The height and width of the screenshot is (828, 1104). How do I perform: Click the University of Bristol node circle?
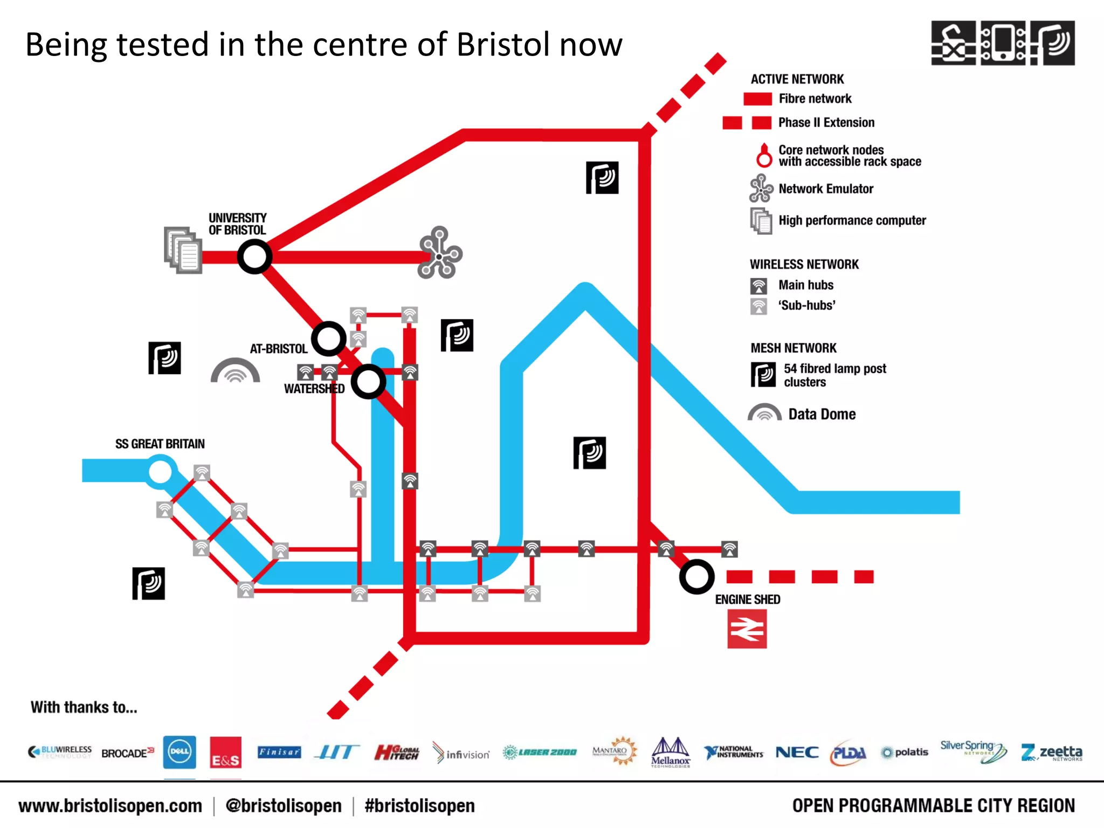254,257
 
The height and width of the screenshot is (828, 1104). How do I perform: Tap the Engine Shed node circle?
696,576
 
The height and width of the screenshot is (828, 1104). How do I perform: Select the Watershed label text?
314,389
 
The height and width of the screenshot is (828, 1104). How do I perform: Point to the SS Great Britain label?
160,444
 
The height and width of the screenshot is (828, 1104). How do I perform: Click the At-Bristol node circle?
329,339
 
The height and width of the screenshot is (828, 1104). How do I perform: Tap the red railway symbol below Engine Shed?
747,629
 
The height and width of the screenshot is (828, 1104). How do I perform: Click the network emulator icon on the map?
440,253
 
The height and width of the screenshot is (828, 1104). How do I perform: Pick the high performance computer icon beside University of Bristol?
183,250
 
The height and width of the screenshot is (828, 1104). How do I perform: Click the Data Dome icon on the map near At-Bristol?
235,371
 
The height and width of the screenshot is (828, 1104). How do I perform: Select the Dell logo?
180,751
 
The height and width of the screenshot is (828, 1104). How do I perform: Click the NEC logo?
797,752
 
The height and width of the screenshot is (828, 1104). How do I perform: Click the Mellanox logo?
670,752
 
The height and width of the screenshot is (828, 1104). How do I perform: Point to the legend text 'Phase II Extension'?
826,122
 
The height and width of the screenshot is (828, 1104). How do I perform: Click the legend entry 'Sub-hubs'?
806,306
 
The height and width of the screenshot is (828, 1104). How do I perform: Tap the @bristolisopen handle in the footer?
284,805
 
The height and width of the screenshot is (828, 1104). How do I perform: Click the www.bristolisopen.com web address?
111,805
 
